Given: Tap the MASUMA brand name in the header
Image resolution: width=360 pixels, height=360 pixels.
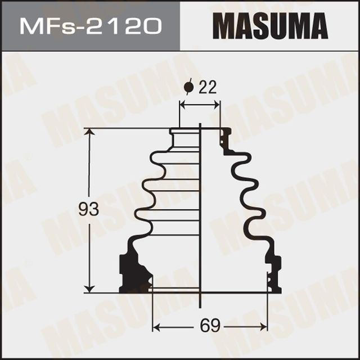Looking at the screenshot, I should (269, 26).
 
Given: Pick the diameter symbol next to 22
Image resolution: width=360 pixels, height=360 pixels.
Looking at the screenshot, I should (189, 87).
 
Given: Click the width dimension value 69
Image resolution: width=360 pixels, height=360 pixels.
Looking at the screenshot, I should (210, 326).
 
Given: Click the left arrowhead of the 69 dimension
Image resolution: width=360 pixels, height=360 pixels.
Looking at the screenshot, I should (157, 327).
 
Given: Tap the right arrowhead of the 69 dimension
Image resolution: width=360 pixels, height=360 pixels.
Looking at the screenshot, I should (264, 327).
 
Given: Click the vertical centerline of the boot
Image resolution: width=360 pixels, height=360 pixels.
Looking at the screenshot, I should (201, 225).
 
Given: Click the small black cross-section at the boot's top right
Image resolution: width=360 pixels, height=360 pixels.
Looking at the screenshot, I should (226, 138).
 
